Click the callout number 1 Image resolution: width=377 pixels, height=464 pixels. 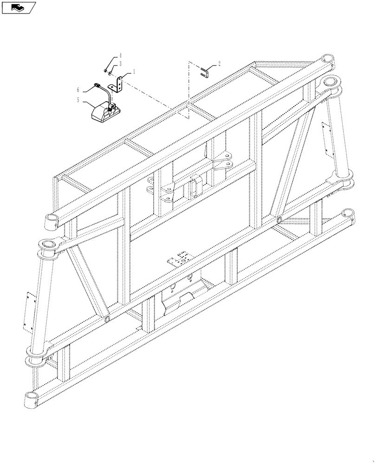pos(134,72)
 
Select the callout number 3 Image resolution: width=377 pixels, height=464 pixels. pos(120,64)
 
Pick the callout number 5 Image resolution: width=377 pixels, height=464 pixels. pos(78,100)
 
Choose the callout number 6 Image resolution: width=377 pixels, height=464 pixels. pos(78,88)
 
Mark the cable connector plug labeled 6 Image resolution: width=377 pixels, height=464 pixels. pos(97,85)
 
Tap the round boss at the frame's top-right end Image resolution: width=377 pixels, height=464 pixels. pos(327,60)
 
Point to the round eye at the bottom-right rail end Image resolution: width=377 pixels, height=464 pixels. pos(347,214)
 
